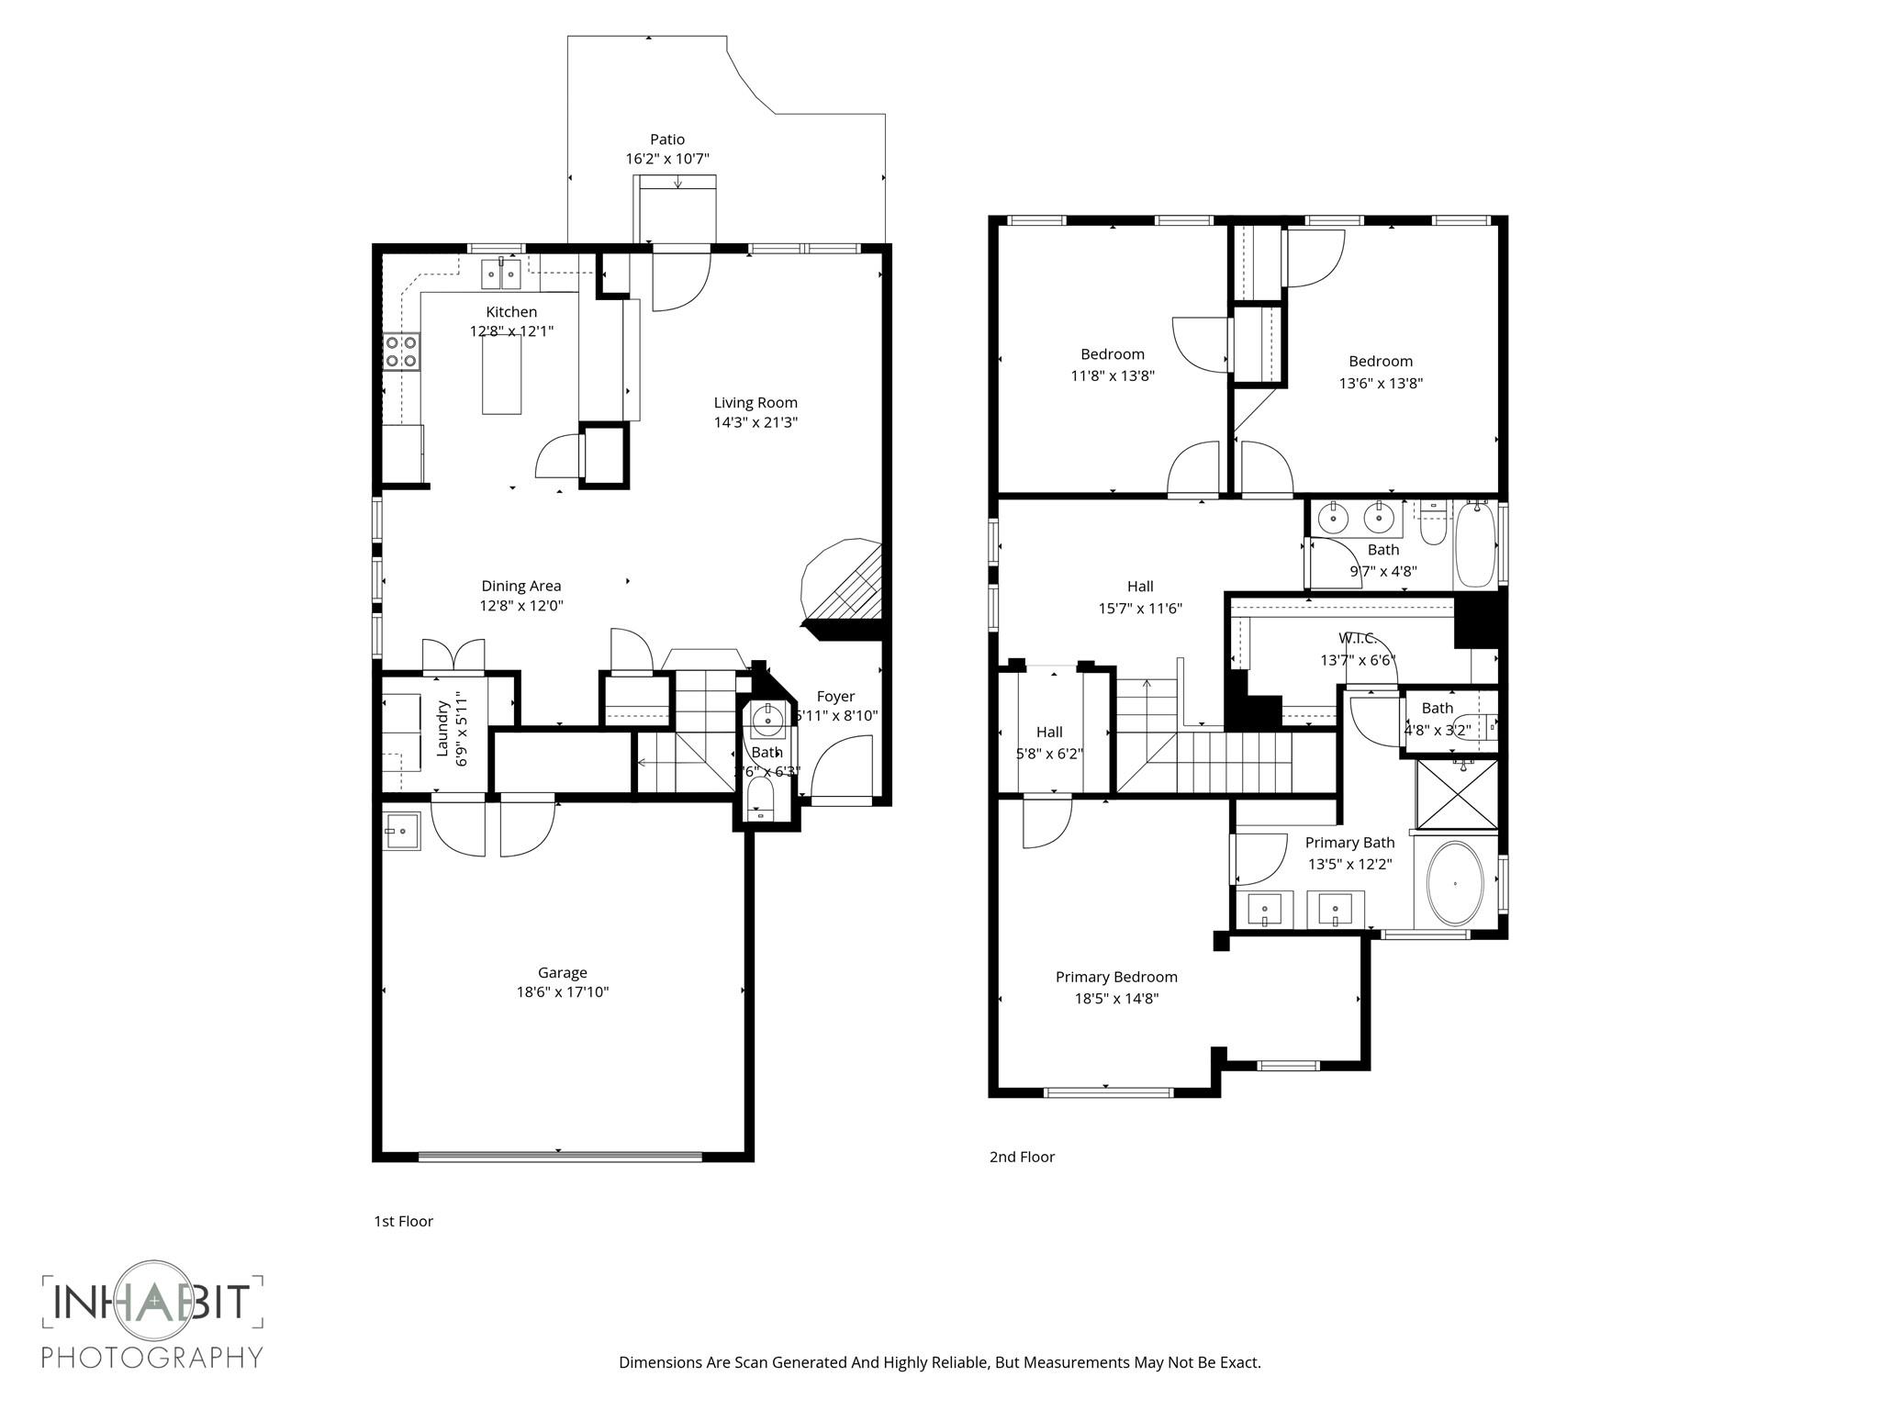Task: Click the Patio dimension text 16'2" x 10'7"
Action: coord(667,159)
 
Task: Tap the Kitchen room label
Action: coord(511,312)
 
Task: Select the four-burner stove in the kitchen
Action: coord(402,352)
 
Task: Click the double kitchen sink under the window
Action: coord(501,274)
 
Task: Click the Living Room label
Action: coord(755,402)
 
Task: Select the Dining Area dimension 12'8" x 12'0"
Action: coord(520,606)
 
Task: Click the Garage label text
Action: coord(562,972)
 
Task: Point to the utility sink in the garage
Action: coord(401,832)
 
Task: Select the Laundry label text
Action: coord(442,728)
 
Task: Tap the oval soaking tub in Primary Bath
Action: coord(1455,883)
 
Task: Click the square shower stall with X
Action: coord(1457,794)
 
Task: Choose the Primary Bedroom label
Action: coord(1116,977)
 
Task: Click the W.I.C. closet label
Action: coord(1356,638)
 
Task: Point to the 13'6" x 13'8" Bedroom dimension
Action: coord(1381,383)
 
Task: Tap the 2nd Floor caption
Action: coord(1022,1157)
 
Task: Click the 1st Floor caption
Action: coord(403,1221)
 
